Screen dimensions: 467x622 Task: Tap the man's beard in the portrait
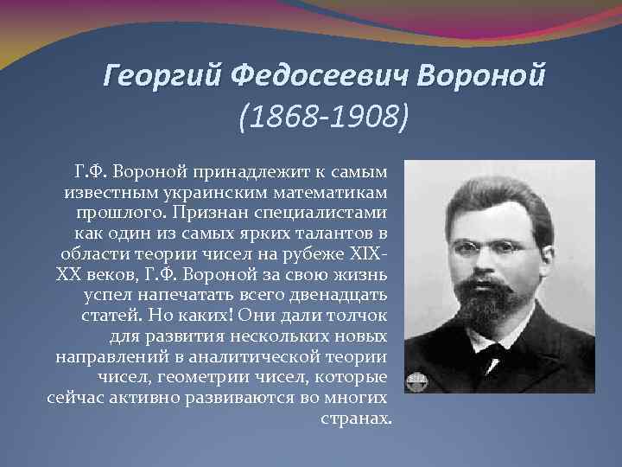coord(497,298)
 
